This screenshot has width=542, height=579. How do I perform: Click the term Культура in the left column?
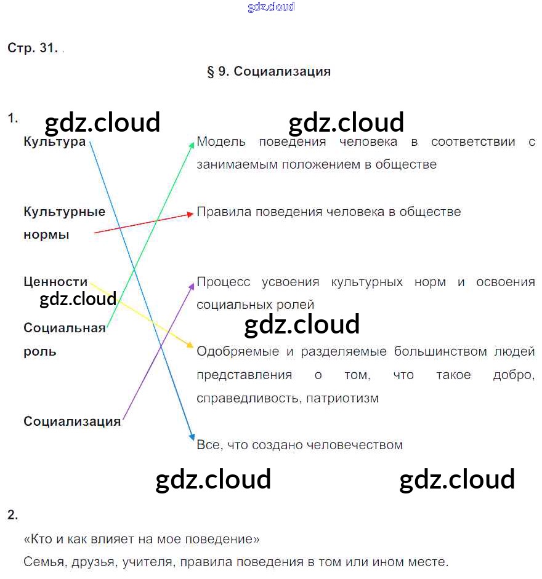point(54,142)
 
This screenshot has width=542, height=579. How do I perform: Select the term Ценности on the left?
point(55,282)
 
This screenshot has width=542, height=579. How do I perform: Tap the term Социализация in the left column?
point(72,421)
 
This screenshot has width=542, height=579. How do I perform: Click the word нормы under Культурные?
point(46,235)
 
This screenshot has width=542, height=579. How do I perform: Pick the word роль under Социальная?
point(40,351)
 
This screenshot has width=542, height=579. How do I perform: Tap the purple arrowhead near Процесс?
point(191,284)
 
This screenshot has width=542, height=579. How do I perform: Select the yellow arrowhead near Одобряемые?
point(190,346)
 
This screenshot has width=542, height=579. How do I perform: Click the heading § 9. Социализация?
point(269,71)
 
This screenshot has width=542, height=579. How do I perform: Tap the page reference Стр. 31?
point(32,48)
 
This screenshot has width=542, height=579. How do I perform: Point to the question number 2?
point(13,515)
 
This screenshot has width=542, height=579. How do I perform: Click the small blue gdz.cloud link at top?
point(271,7)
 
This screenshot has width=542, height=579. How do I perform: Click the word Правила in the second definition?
point(224,212)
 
